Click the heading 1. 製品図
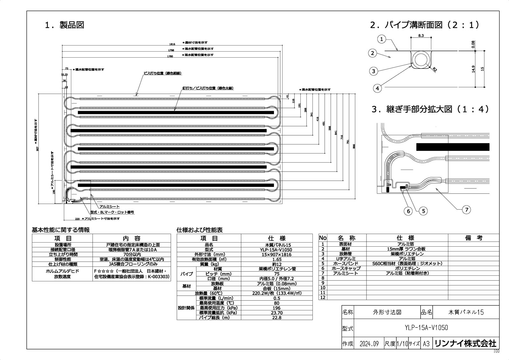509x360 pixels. pyautogui.click(x=64, y=25)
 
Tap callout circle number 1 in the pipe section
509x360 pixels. pyautogui.click(x=382, y=39)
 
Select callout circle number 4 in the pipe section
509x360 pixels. pyautogui.click(x=377, y=88)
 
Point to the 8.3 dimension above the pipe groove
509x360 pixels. pyautogui.click(x=421, y=36)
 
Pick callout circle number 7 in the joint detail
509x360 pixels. pyautogui.click(x=466, y=209)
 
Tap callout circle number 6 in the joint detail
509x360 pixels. pyautogui.click(x=409, y=211)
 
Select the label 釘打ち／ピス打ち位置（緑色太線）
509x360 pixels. pyautogui.click(x=208, y=88)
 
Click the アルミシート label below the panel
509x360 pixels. pyautogui.click(x=109, y=207)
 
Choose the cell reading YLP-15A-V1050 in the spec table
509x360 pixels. pyautogui.click(x=276, y=250)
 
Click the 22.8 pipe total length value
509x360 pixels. pyautogui.click(x=276, y=318)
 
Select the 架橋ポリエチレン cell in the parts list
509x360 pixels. pyautogui.click(x=407, y=254)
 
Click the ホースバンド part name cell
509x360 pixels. pyautogui.click(x=345, y=264)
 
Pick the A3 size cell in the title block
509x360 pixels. pyautogui.click(x=426, y=344)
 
